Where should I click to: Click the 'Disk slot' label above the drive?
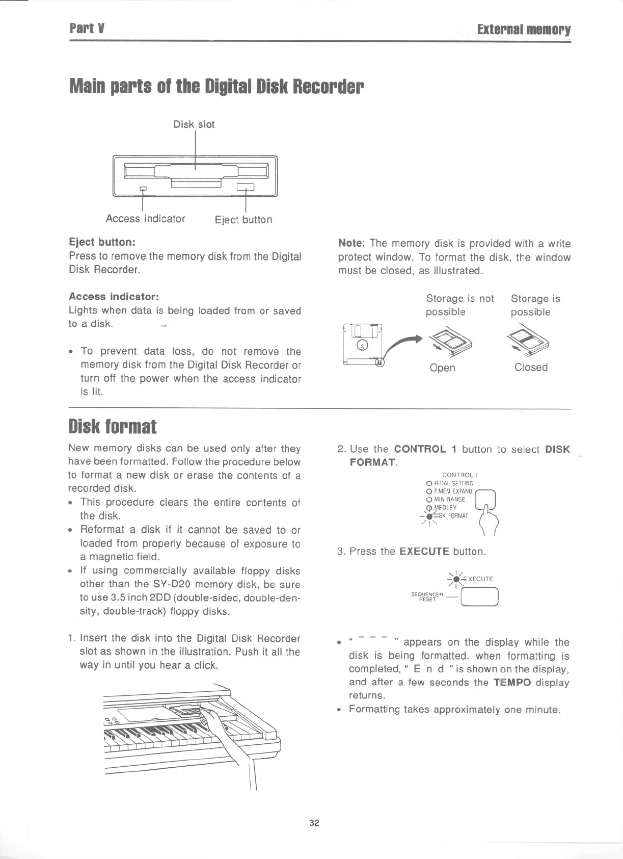coord(194,124)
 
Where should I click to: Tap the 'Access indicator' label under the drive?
coord(145,219)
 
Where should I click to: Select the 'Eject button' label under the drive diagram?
coord(243,220)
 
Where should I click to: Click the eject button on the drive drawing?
coord(246,187)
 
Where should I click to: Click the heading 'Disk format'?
coord(113,426)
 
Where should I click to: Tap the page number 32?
coord(314,822)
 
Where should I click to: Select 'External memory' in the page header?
coord(524,29)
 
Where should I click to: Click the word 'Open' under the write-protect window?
coord(442,368)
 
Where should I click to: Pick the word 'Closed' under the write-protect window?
coord(531,367)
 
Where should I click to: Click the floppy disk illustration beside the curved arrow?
coord(363,345)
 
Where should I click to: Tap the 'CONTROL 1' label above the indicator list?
coord(458,475)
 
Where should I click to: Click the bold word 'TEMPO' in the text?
coord(512,682)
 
